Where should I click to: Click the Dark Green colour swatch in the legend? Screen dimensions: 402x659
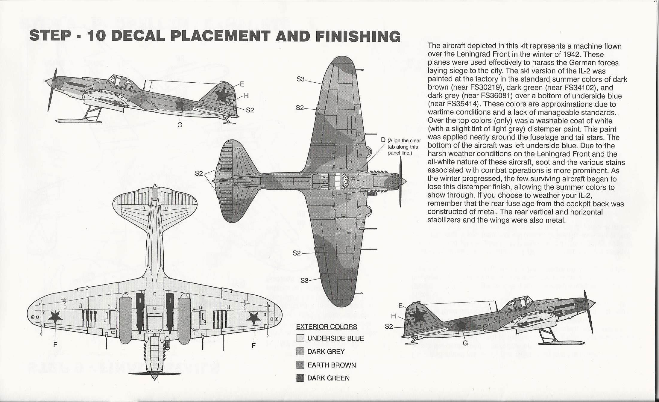300,378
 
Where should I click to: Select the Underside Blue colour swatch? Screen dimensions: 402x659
300,338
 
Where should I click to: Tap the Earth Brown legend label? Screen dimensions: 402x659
332,365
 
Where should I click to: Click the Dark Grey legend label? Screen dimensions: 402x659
326,352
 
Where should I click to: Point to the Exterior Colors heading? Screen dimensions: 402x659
327,327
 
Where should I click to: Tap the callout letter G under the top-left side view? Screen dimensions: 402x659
180,125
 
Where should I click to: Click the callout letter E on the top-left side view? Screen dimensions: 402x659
242,84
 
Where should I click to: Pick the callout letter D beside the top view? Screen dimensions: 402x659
383,140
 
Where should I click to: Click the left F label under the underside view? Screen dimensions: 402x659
55,345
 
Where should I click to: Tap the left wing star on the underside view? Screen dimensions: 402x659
55,316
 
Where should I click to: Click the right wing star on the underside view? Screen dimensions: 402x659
253,317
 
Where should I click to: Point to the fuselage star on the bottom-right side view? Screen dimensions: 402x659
461,326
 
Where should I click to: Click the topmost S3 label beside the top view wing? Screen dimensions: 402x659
300,79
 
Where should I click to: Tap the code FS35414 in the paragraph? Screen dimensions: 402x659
462,104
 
